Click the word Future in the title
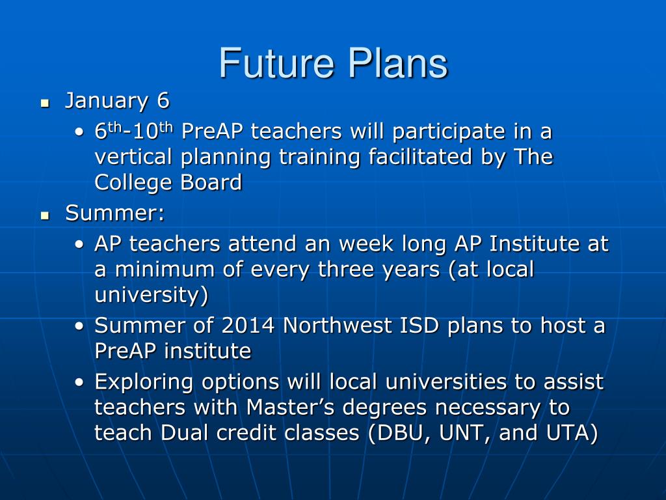point(276,63)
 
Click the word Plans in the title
point(399,63)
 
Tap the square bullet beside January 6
point(45,104)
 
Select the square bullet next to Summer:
point(45,215)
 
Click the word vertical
point(133,156)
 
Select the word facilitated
point(420,156)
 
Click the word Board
point(211,182)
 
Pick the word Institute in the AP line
point(535,244)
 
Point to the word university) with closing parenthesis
point(151,295)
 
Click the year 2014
point(248,326)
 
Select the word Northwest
point(338,326)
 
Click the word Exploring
point(144,382)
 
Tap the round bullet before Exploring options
point(79,382)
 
